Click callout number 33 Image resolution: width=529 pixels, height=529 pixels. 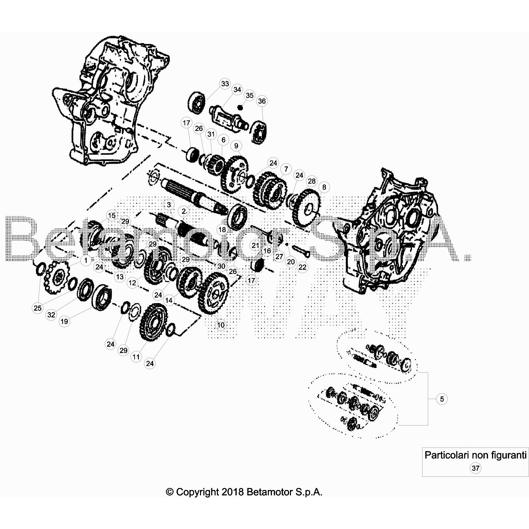coord(225,84)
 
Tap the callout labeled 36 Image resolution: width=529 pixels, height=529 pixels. coord(262,101)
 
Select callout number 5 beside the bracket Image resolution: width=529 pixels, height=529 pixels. coord(442,399)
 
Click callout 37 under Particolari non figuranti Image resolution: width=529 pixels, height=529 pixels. coord(475,468)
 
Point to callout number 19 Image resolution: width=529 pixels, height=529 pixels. coord(64,321)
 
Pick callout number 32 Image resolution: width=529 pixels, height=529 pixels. coord(51,315)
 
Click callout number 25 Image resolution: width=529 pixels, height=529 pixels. coord(38,308)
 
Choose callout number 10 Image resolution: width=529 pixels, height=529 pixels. coord(221,325)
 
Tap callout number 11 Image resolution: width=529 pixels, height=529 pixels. coord(136,357)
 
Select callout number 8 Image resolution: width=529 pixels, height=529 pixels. coord(324,187)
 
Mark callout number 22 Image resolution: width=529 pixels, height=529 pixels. coord(303,267)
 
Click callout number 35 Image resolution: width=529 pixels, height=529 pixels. coord(250,95)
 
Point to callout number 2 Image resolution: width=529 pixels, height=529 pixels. coord(184,211)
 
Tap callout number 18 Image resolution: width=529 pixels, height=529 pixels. coord(222,229)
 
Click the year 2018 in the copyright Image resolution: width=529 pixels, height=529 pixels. coord(233,492)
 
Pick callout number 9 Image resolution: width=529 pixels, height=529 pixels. coord(236,146)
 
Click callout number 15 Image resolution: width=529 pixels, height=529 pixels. coord(112,216)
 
